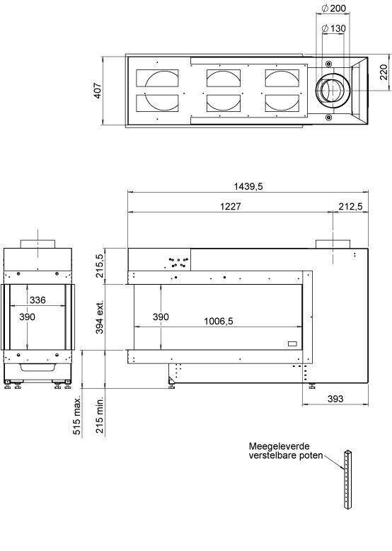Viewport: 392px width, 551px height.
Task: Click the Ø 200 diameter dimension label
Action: (x=334, y=8)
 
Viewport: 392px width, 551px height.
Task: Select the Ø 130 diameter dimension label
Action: (x=334, y=28)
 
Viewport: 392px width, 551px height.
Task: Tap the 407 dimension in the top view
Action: (x=98, y=91)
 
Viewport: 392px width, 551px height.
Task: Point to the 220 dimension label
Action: (x=384, y=72)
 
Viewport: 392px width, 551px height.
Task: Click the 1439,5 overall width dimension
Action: (x=248, y=186)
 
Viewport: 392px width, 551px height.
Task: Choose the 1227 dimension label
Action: (x=231, y=206)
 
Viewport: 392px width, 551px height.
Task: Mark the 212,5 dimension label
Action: (x=350, y=206)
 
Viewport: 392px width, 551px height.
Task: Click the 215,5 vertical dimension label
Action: (x=99, y=266)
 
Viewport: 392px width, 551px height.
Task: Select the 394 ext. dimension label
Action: (x=100, y=317)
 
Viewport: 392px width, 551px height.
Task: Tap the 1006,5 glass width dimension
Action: (x=218, y=322)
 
